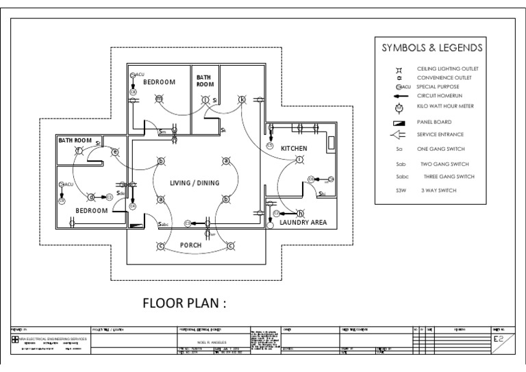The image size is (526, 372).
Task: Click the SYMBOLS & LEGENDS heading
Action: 432,49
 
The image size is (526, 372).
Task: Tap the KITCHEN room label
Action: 293,148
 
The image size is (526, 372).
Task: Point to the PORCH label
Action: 190,245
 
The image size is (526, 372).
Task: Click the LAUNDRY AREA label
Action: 303,223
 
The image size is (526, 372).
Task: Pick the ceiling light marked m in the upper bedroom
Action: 159,99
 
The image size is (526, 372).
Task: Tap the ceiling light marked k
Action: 242,99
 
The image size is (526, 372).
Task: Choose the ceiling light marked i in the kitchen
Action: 299,159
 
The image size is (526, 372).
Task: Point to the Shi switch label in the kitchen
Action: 322,194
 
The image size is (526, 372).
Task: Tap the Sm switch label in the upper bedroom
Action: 162,132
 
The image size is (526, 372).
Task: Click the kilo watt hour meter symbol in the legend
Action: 401,107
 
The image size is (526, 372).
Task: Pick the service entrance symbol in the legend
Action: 401,135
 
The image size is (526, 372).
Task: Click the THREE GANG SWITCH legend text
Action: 448,176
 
